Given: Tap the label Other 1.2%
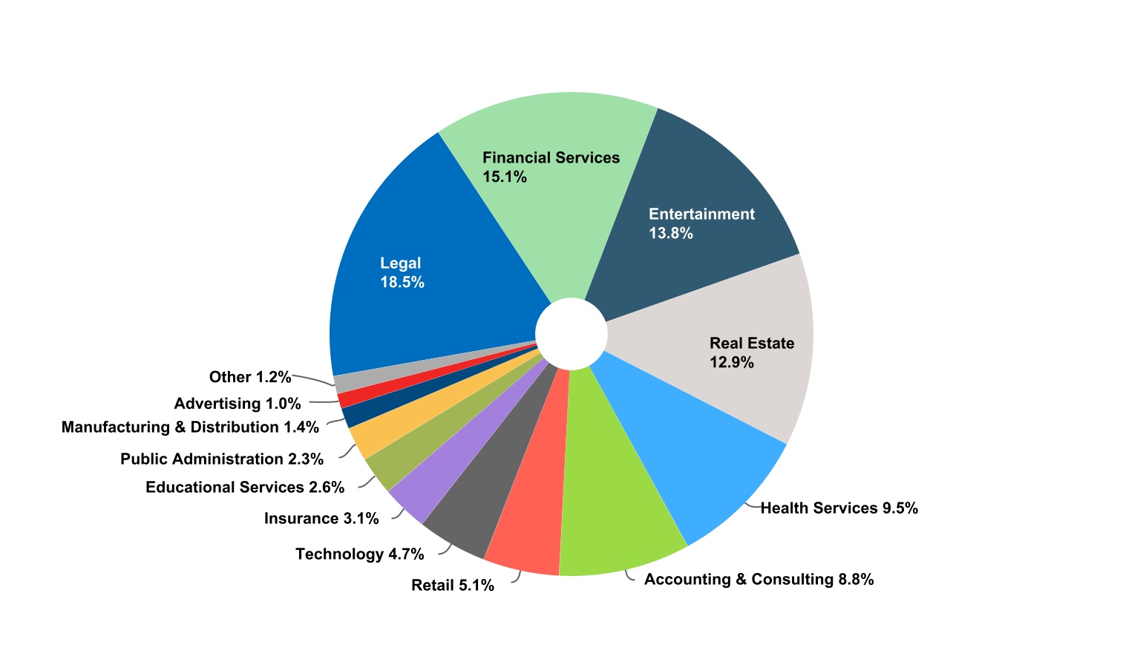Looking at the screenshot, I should tap(250, 377).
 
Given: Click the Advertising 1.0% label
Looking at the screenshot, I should tap(238, 404).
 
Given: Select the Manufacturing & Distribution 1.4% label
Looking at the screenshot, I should tap(190, 427).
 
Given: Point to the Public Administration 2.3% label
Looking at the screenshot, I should tap(222, 459).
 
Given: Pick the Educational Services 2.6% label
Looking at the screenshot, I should tap(245, 487).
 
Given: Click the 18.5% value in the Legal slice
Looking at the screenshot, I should tap(402, 282).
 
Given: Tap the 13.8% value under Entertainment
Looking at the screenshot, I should tap(671, 233).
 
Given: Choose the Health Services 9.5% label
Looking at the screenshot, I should tap(839, 508).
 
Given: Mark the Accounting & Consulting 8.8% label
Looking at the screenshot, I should tap(759, 579).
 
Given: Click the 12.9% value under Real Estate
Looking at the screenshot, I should tap(732, 362).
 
